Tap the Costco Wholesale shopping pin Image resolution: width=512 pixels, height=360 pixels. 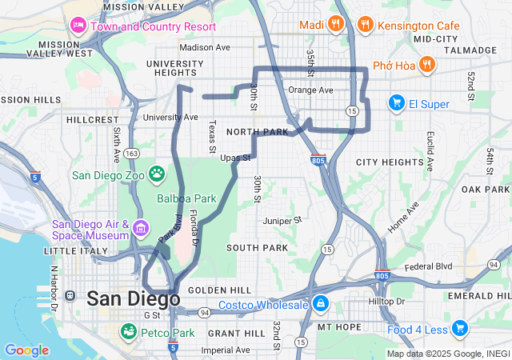coord(320,304)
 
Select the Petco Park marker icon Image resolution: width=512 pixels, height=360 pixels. coord(128,332)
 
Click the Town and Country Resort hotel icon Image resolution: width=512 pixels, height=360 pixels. coord(78,25)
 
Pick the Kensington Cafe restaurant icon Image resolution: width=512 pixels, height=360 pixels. coord(366,24)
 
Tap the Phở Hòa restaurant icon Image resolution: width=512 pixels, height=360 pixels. coord(428,63)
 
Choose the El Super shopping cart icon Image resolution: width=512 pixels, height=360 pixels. coord(396,102)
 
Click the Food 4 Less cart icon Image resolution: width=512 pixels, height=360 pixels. coord(459,328)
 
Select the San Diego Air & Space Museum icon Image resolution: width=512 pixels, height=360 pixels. coord(141,229)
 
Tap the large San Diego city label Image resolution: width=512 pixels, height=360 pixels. coord(133,298)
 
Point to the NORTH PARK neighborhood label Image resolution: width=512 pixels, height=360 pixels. coord(256,131)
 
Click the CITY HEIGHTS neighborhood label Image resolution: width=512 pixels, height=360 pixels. coord(389,162)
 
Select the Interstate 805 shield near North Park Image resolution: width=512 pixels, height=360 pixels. coord(318,160)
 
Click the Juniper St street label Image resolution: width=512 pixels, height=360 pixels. coord(282,219)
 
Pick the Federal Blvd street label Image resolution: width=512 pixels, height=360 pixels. coord(428,266)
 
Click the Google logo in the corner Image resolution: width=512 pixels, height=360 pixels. coord(26,350)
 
